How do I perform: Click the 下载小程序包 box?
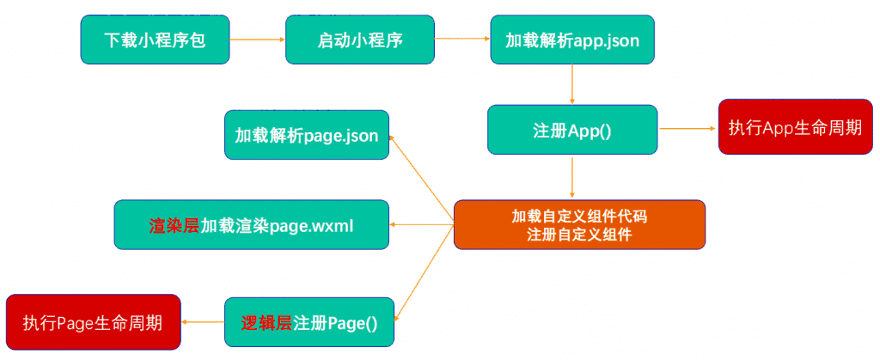pyautogui.click(x=155, y=40)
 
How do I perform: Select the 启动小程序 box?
pyautogui.click(x=360, y=40)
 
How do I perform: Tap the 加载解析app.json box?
pyautogui.click(x=572, y=40)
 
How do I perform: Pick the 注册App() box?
pyautogui.click(x=572, y=129)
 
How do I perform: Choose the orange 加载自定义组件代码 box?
pyautogui.click(x=579, y=224)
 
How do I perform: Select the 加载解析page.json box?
pyautogui.click(x=307, y=135)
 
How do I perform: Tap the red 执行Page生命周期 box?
pyautogui.click(x=93, y=322)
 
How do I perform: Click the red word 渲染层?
pyautogui.click(x=174, y=225)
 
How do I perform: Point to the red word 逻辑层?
pyautogui.click(x=267, y=323)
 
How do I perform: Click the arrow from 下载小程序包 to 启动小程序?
pyautogui.click(x=258, y=40)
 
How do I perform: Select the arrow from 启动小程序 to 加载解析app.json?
pyautogui.click(x=462, y=40)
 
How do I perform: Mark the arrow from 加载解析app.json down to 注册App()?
pyautogui.click(x=571, y=84)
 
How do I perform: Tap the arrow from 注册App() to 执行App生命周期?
pyautogui.click(x=688, y=128)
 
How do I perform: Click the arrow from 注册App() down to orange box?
pyautogui.click(x=571, y=177)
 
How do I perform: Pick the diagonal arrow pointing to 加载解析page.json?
pyautogui.click(x=421, y=180)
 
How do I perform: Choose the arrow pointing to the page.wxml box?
pyautogui.click(x=421, y=225)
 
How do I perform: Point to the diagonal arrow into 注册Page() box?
pyautogui.click(x=425, y=272)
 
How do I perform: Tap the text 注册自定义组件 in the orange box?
pyautogui.click(x=579, y=235)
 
